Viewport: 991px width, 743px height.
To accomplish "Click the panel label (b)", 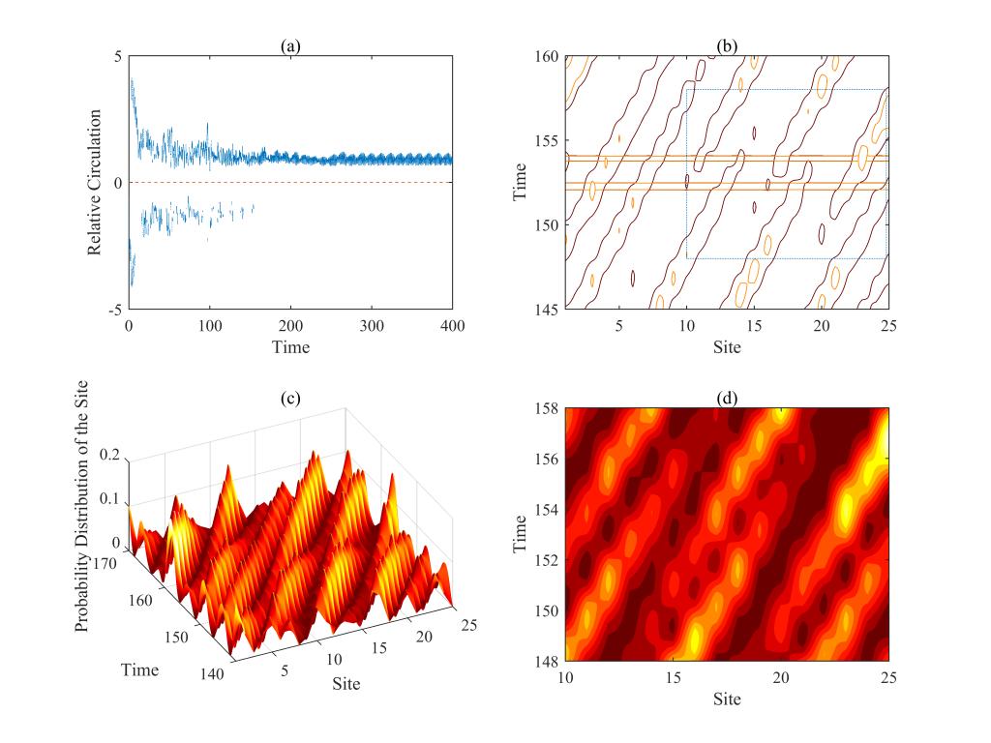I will pyautogui.click(x=727, y=45).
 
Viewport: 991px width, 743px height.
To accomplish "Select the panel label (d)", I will pyautogui.click(x=727, y=397).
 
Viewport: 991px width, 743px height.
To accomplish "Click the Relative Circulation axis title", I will pyautogui.click(x=95, y=183).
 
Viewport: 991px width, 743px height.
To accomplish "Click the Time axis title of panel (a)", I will pyautogui.click(x=290, y=344).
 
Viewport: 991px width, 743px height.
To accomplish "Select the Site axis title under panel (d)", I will pyautogui.click(x=727, y=696).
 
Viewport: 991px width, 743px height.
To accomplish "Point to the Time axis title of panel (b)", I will pyautogui.click(x=521, y=183).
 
